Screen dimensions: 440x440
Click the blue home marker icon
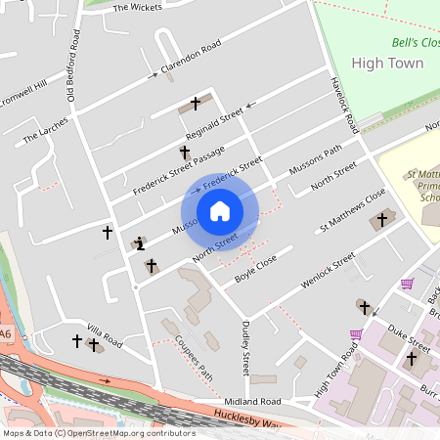(x=220, y=211)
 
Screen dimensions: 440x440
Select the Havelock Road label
(x=345, y=107)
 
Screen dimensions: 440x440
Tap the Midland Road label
(x=250, y=401)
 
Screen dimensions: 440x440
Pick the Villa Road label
(x=104, y=336)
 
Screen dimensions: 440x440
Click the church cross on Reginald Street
(x=195, y=103)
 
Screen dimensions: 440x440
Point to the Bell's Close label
(x=416, y=43)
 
